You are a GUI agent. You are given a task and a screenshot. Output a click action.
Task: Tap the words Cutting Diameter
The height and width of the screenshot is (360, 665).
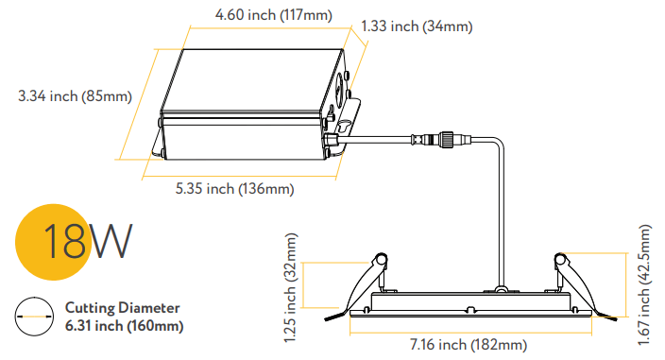point(122,308)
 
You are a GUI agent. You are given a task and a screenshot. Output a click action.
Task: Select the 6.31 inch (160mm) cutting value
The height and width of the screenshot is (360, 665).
point(124,326)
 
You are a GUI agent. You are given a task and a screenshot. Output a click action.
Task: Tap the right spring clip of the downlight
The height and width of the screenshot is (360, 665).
point(570,277)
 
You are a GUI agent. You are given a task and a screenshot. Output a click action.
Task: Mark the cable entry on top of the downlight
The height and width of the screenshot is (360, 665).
point(503,285)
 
